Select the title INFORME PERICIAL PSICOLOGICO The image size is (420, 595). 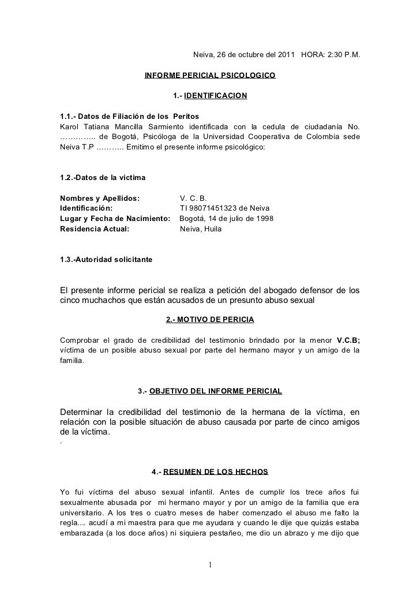click(210, 76)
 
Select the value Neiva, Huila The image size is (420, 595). click(201, 229)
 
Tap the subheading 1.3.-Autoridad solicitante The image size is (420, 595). click(106, 260)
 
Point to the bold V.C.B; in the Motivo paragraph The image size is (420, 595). click(347, 339)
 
